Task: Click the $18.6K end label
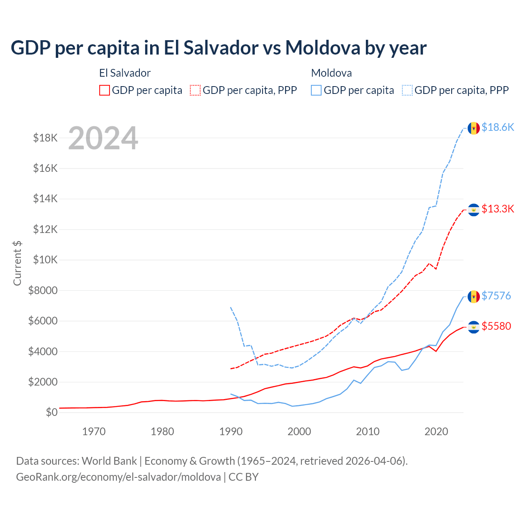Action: click(498, 128)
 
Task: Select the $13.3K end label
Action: click(498, 209)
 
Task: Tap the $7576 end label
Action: click(496, 296)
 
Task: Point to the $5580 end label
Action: click(496, 326)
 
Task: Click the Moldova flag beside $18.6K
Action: click(474, 128)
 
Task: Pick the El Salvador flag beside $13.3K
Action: click(474, 210)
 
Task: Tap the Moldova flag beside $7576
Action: click(474, 296)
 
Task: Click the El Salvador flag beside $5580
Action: click(474, 327)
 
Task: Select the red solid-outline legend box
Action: click(105, 90)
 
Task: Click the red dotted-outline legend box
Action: click(195, 90)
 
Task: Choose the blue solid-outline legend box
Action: click(316, 90)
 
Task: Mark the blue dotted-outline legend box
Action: click(407, 90)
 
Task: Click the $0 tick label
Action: click(51, 412)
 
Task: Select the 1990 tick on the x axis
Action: click(231, 431)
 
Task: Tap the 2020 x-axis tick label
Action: click(436, 431)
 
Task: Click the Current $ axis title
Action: click(17, 263)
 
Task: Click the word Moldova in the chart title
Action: click(322, 48)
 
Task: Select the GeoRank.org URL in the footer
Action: click(119, 477)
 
